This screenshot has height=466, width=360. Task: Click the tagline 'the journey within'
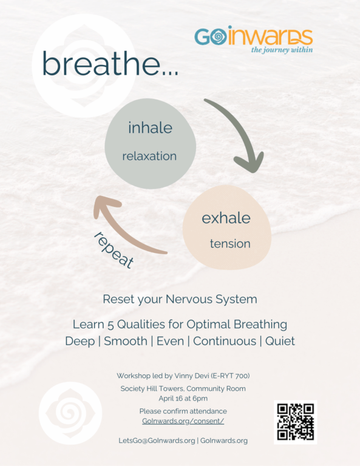[x=282, y=50]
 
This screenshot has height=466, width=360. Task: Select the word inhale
[x=150, y=128]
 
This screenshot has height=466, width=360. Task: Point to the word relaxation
[x=149, y=156]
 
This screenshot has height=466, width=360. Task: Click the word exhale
[x=226, y=218]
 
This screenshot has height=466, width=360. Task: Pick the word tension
[x=230, y=244]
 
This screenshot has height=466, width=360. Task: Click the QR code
[x=296, y=422]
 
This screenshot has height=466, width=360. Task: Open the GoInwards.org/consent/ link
[x=183, y=421]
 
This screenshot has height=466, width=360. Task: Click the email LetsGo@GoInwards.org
[x=157, y=441]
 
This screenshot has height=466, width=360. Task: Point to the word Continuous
[x=225, y=341]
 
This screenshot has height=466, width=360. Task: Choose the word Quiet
[x=280, y=341]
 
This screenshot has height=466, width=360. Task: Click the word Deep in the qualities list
[x=80, y=342]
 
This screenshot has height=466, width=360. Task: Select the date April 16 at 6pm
[x=183, y=399]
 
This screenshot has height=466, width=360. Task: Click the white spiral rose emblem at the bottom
[x=70, y=413]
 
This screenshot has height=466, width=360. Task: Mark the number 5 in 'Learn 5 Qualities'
[x=110, y=325]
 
